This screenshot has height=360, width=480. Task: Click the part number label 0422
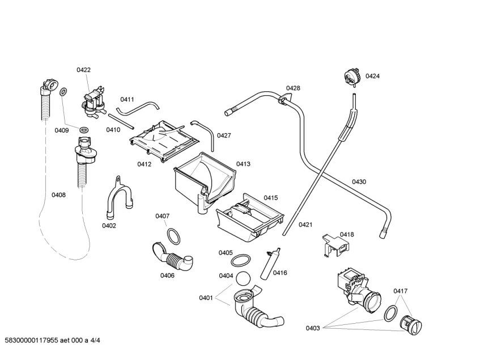83,70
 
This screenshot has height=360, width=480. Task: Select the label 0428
293,88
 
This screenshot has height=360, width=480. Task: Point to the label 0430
359,181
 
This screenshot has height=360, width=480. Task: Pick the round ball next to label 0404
243,278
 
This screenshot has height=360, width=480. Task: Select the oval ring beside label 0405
243,260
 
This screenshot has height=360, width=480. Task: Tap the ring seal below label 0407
175,234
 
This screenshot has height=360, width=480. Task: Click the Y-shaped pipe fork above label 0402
118,198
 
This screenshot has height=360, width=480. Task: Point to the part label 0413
244,164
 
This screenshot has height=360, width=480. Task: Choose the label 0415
270,197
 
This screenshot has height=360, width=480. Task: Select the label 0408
58,195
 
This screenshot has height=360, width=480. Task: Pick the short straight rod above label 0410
121,121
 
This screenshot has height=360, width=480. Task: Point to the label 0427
223,135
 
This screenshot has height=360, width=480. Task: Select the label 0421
305,225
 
